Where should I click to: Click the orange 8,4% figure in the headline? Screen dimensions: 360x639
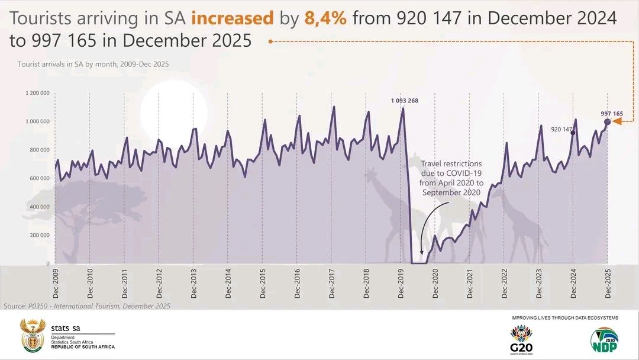pyautogui.click(x=325, y=19)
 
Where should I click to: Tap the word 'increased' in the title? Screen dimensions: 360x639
pyautogui.click(x=233, y=19)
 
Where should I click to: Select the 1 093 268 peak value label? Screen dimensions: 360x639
pyautogui.click(x=404, y=101)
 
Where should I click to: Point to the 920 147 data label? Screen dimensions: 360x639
pyautogui.click(x=561, y=129)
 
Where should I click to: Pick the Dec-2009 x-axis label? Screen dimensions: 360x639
pyautogui.click(x=56, y=284)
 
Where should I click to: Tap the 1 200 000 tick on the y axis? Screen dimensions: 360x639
pyautogui.click(x=37, y=93)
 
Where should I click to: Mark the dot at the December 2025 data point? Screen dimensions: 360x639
pyautogui.click(x=608, y=122)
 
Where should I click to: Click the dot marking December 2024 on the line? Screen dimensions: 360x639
pyautogui.click(x=573, y=133)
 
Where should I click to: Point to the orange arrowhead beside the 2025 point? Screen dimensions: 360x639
pyautogui.click(x=617, y=121)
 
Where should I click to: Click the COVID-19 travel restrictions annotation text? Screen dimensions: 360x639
pyautogui.click(x=451, y=178)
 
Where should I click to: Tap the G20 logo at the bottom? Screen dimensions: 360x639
pyautogui.click(x=521, y=340)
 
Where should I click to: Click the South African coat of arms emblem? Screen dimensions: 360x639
pyautogui.click(x=33, y=336)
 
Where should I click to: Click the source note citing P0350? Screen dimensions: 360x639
pyautogui.click(x=87, y=306)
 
